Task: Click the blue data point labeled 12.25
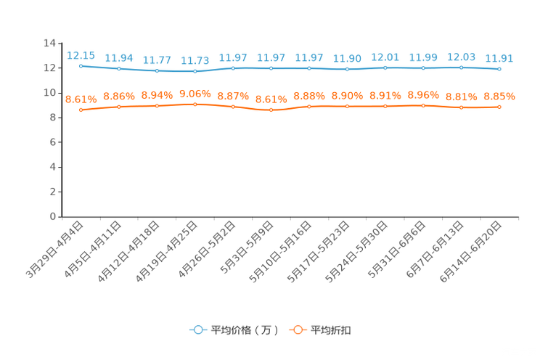(x=81, y=65)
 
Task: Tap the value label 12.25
(x=81, y=54)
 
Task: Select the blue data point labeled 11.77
(x=157, y=70)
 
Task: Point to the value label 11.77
(x=157, y=60)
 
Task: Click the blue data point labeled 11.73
(x=195, y=70)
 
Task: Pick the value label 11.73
(x=195, y=60)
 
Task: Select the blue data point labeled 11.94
(x=119, y=68)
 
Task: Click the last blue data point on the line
(x=499, y=69)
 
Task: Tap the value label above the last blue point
(x=499, y=58)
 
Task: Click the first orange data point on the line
(x=81, y=110)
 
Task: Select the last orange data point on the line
(x=499, y=107)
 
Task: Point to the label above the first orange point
(x=81, y=99)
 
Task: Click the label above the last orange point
(x=499, y=97)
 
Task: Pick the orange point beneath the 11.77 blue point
(x=157, y=106)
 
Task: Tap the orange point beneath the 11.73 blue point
(x=195, y=105)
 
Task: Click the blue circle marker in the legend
(x=198, y=330)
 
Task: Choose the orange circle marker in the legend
(x=298, y=330)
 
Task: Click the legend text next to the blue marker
(x=244, y=330)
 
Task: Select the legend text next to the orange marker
(x=332, y=330)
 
